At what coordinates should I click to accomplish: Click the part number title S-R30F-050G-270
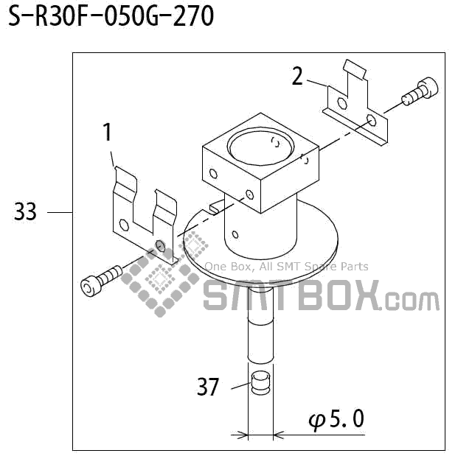point(111,16)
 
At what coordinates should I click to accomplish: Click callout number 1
point(107,133)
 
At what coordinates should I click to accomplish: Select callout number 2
point(297,76)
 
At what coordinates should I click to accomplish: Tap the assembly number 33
point(25,213)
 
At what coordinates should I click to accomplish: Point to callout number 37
point(209,386)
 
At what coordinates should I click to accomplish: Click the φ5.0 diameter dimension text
point(336,420)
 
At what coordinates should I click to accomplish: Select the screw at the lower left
point(100,280)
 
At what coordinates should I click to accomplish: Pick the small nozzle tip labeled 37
point(260,383)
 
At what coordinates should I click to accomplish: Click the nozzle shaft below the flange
point(260,324)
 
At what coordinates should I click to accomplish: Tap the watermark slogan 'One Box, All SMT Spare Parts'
point(286,267)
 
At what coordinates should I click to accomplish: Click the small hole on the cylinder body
point(235,235)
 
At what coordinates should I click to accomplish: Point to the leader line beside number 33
point(59,213)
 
